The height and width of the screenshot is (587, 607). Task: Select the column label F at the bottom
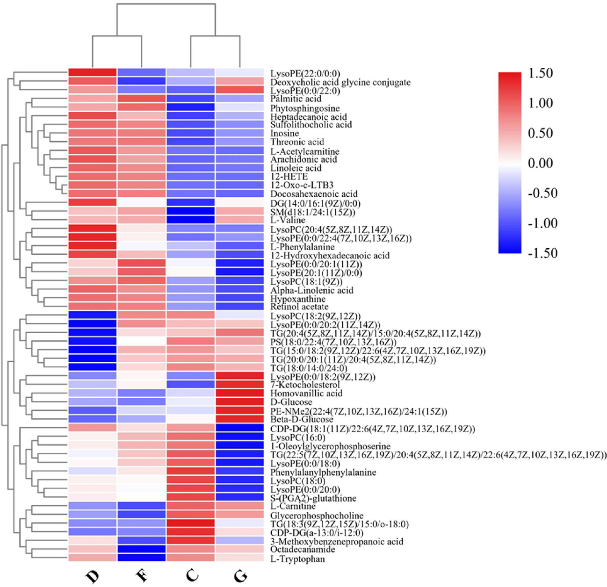142,575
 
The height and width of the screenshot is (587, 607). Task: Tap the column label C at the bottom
192,575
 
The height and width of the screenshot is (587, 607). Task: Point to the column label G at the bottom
240,576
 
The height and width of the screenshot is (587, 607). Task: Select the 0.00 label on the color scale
540,163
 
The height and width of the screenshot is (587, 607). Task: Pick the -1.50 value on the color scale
542,253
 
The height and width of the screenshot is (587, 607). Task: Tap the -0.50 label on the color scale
542,193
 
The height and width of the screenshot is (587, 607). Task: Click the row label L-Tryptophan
297,559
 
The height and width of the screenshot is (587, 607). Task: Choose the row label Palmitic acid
296,99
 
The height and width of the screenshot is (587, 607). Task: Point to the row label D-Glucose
291,402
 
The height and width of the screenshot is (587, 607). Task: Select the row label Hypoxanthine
298,299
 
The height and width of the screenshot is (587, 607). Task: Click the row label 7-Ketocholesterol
305,385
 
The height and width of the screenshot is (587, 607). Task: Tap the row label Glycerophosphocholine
317,515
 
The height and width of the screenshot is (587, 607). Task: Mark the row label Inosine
284,134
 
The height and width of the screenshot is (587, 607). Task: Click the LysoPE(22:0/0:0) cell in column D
93,73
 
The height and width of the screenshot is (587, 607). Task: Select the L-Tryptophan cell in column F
142,558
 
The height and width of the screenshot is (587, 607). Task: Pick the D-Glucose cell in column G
240,402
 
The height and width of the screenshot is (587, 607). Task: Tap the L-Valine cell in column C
191,220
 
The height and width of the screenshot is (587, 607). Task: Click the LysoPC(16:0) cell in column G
240,437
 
